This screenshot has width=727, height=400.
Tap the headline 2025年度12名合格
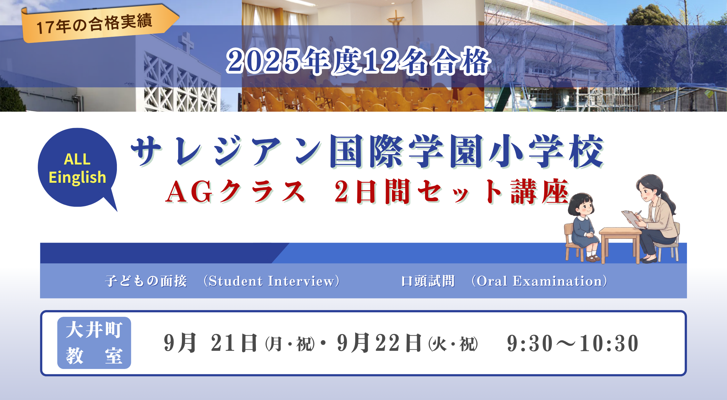point(358,61)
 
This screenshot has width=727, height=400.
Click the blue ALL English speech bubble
point(78,168)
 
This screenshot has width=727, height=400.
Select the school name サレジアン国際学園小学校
point(367,151)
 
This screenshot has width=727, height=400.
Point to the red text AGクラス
point(235,192)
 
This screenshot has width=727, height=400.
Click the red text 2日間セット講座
point(452,191)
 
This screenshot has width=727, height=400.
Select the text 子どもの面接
point(146,281)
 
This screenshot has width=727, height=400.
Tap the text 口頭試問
point(428,281)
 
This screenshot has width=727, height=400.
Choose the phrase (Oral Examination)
point(539,281)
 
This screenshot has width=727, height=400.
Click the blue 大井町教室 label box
point(94,343)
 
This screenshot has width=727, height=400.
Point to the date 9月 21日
point(211,343)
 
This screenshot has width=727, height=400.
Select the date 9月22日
point(380,343)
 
